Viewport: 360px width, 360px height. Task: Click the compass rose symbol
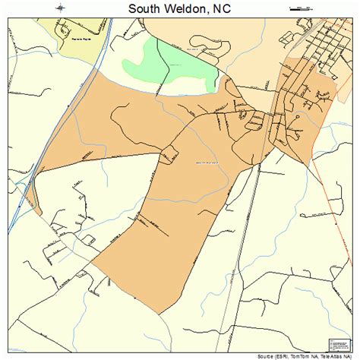click(x=61, y=8)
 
